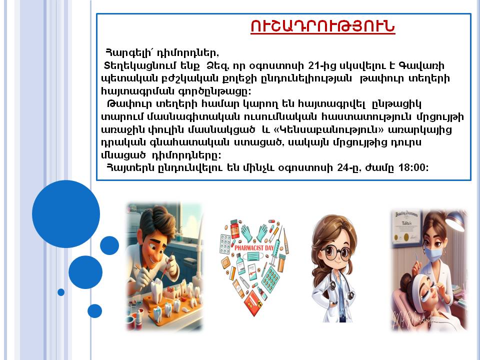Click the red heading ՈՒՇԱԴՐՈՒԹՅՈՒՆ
click(x=322, y=26)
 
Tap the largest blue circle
click(x=66, y=214)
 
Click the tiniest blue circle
click(x=61, y=292)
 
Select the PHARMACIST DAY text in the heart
click(x=254, y=247)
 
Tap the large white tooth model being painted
click(x=157, y=288)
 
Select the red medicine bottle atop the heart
click(x=234, y=229)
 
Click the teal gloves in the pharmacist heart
click(x=254, y=233)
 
